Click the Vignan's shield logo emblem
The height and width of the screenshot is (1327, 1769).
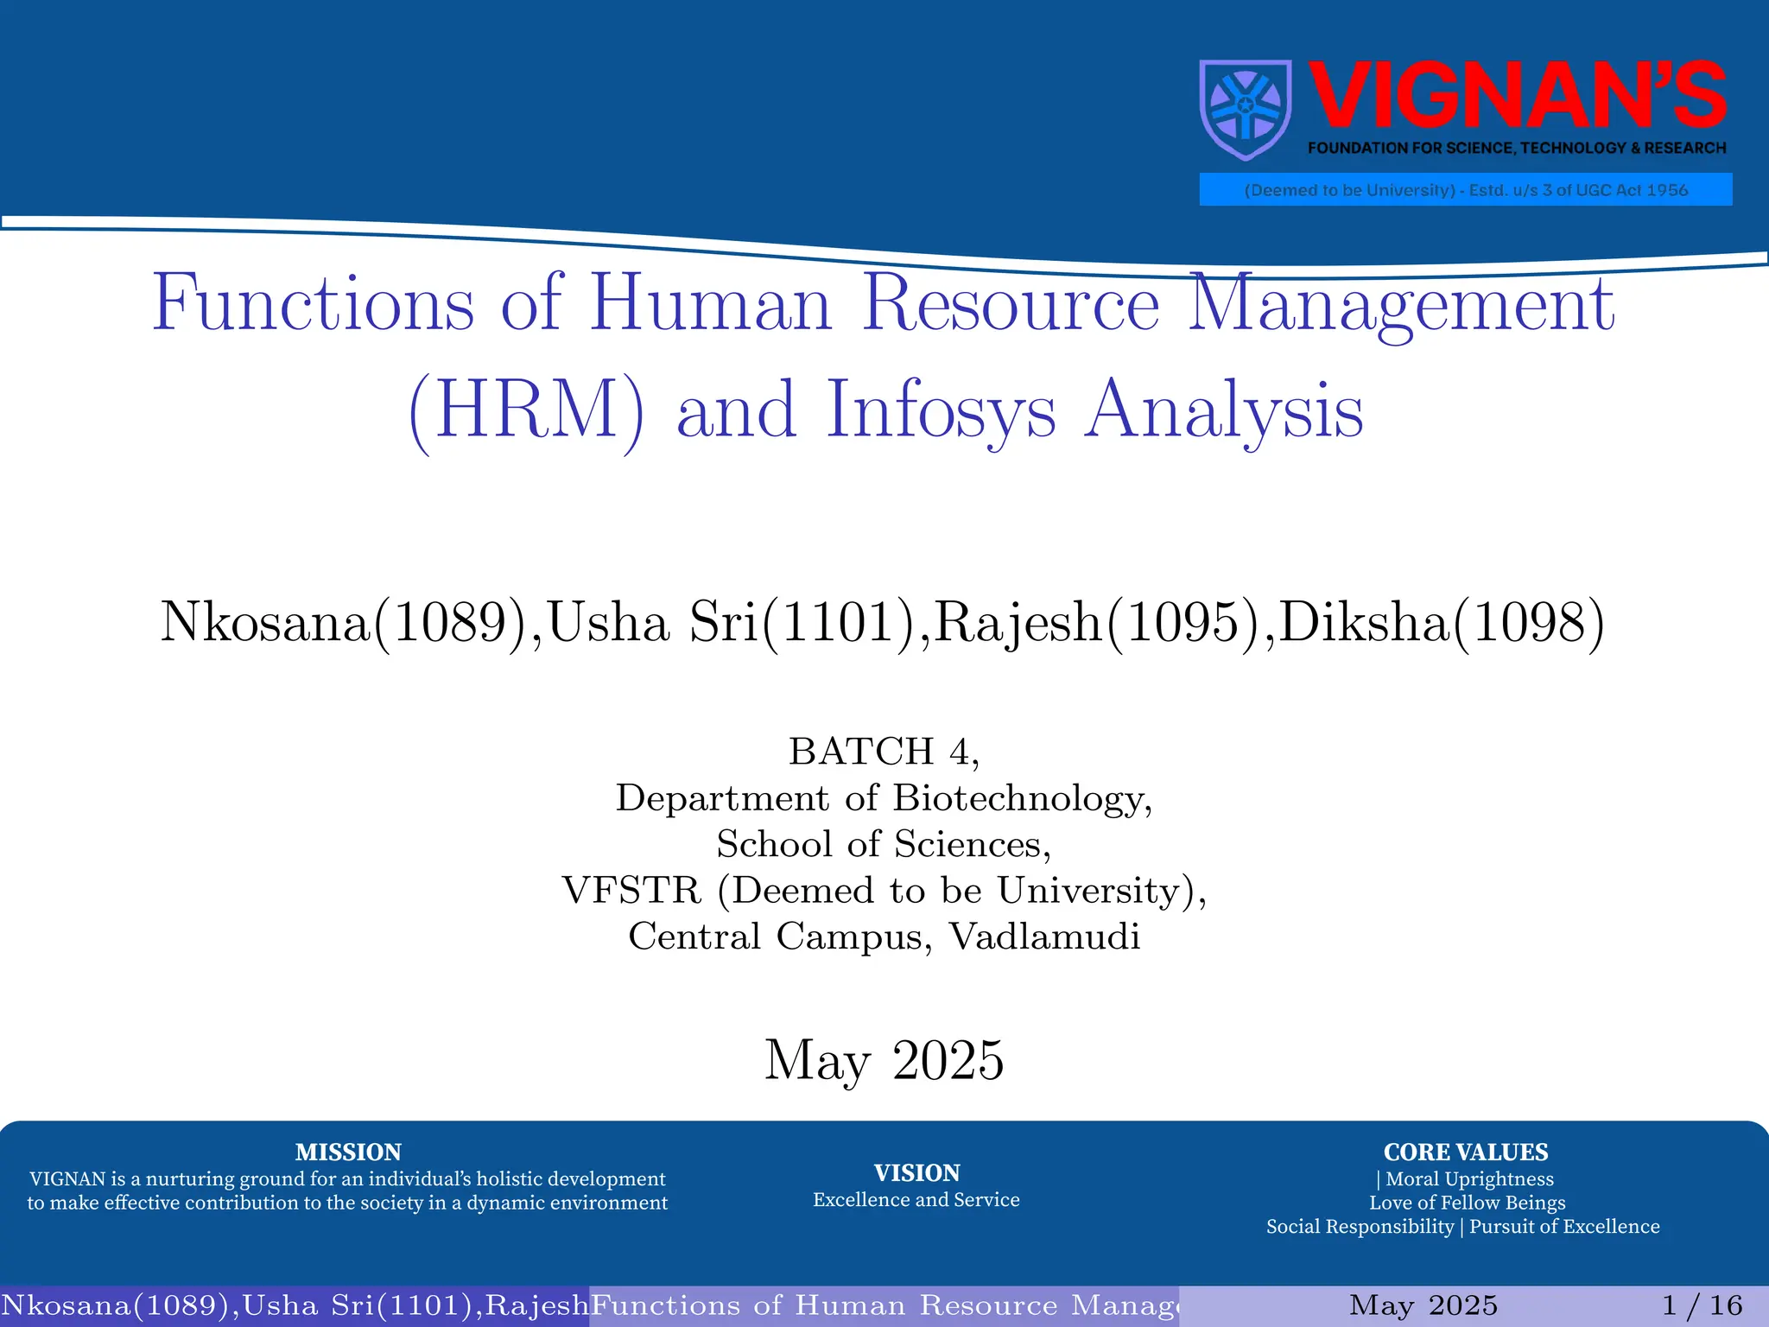(1246, 110)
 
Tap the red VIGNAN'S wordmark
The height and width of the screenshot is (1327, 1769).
(1517, 96)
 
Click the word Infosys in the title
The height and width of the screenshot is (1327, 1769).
(941, 410)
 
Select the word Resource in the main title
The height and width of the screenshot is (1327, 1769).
(1011, 304)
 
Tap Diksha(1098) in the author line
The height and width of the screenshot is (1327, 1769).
(1441, 621)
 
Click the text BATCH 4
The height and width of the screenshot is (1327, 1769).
(884, 752)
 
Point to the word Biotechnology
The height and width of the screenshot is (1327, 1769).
(1022, 798)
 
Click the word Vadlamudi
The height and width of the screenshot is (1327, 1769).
(1044, 937)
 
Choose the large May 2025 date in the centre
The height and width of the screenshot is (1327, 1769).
(884, 1060)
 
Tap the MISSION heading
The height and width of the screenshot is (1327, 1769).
(348, 1152)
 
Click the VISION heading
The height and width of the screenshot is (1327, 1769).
(916, 1172)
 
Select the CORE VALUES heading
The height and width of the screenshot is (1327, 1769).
(1465, 1152)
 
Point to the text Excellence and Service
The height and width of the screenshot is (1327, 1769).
(916, 1200)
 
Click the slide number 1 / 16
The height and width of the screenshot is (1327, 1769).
(1702, 1305)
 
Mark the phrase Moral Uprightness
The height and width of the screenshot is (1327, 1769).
(1469, 1179)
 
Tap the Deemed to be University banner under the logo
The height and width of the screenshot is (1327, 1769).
(1465, 190)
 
